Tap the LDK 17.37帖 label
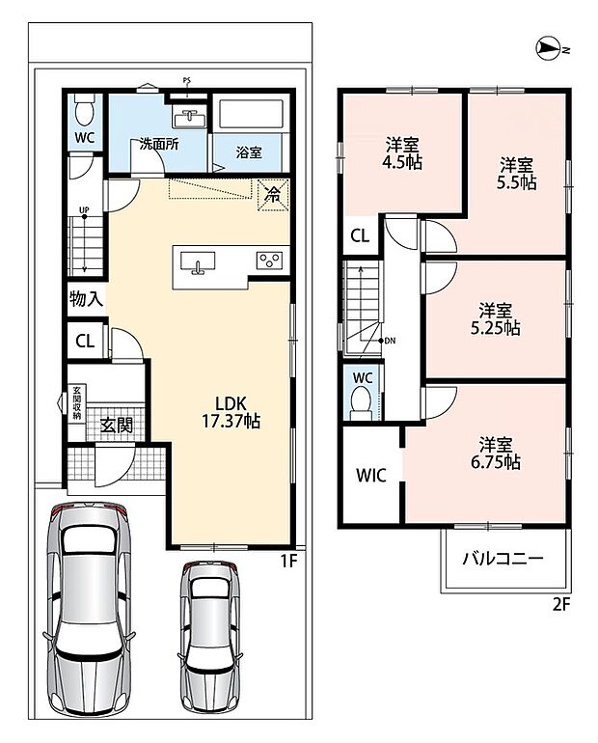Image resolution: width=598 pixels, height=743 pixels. click(x=231, y=412)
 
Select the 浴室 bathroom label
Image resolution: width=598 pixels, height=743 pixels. click(x=249, y=153)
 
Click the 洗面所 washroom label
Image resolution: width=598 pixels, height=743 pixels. click(x=159, y=144)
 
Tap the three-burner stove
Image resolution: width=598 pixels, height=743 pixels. click(x=269, y=261)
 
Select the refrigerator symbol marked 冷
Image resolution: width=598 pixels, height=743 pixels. click(x=273, y=194)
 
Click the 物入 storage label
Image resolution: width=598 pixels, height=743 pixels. click(x=86, y=299)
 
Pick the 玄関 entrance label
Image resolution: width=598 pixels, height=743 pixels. click(x=116, y=425)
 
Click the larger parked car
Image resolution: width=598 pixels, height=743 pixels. click(x=89, y=610)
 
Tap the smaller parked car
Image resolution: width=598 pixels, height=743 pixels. click(x=209, y=635)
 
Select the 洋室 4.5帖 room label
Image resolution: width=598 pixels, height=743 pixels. click(x=402, y=152)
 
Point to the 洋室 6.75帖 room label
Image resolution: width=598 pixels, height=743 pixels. click(x=495, y=453)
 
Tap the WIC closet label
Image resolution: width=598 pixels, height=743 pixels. click(x=371, y=476)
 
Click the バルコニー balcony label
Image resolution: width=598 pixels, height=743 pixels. click(x=503, y=558)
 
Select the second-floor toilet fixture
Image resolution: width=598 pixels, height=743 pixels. click(x=361, y=402)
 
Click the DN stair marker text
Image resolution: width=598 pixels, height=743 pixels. click(x=390, y=341)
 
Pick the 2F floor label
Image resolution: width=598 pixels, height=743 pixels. click(x=561, y=605)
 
